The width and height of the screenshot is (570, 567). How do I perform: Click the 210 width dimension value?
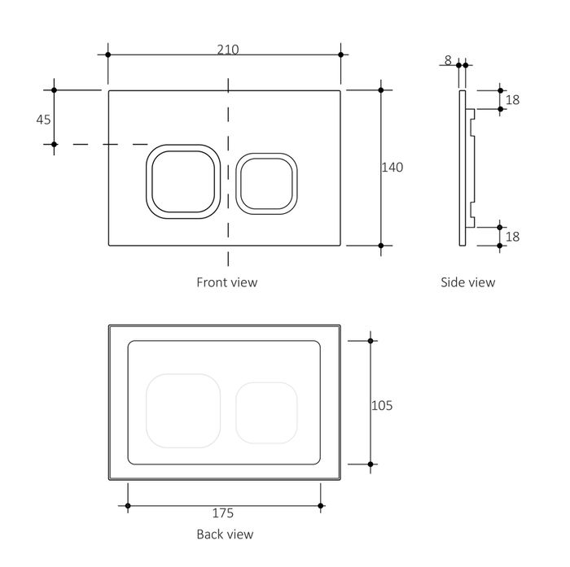[x=227, y=50]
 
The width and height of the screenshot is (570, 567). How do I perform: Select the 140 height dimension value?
[x=392, y=167]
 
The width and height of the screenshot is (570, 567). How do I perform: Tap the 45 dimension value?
[x=43, y=119]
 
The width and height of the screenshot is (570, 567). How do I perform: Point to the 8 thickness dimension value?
[x=448, y=59]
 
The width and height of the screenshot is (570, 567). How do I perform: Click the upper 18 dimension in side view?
[x=512, y=99]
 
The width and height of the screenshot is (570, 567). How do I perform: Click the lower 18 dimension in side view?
[x=512, y=237]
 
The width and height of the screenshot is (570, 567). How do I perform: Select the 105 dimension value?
[x=381, y=405]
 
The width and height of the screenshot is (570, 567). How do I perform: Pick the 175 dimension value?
[x=223, y=513]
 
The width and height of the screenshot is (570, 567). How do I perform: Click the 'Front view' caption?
[x=226, y=282]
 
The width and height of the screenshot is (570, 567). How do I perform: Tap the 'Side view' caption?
[x=467, y=282]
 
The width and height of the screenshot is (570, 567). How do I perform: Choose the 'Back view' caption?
[x=225, y=534]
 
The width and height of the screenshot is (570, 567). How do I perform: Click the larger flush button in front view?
[x=182, y=181]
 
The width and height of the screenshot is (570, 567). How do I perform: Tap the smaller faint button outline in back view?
[x=265, y=412]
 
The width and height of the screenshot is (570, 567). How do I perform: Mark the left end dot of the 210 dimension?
[x=108, y=55]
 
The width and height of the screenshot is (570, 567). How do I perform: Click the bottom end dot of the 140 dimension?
[x=380, y=245]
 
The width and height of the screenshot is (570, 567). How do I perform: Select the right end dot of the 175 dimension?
[x=321, y=506]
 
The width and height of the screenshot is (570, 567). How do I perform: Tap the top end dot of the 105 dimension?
[x=371, y=341]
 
